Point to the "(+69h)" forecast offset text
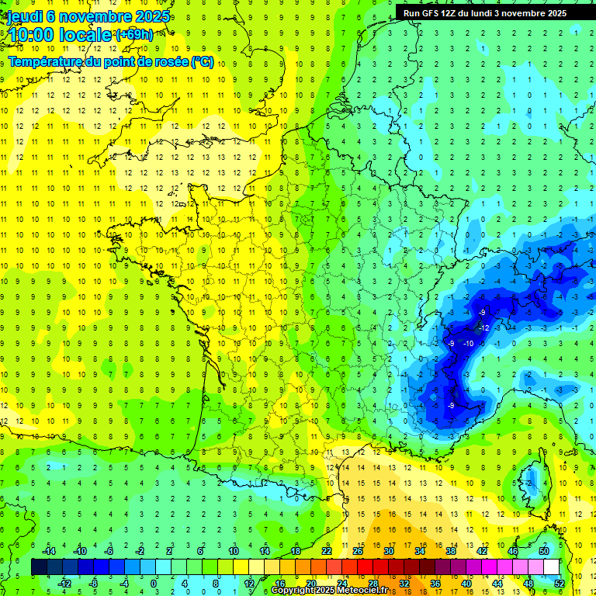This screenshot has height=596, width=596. pos(134,35)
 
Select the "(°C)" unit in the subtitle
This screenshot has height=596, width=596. pos(203,61)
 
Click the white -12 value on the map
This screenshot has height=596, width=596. pos(483,327)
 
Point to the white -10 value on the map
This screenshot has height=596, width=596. pos(468,343)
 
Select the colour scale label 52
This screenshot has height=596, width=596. pos(560,583)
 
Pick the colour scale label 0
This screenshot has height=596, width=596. pos(154,583)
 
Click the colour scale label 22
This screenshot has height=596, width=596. pos(326,551)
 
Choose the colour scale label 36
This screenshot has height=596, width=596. pos(435,583)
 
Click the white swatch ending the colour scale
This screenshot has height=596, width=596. pos(552,567)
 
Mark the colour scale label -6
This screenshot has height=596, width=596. pos(110,551)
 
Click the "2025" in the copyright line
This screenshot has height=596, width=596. pos(322,590)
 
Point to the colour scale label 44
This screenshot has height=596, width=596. pos(497,583)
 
